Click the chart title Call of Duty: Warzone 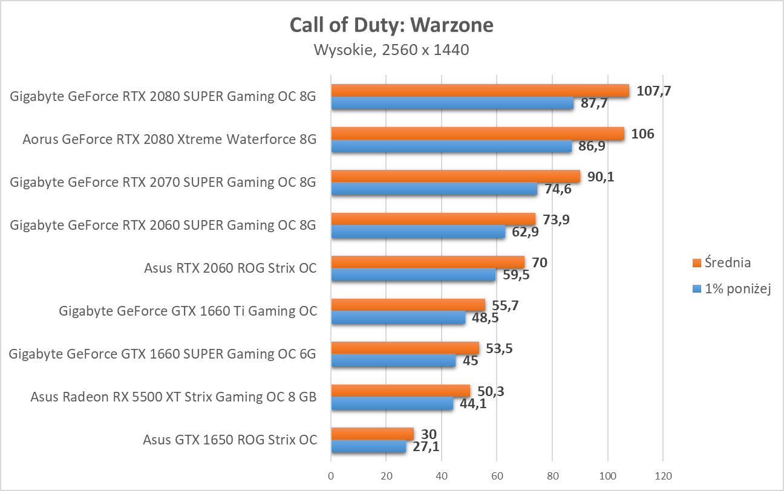pos(391,25)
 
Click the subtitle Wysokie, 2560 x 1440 pos(391,50)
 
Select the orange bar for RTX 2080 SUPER pos(480,91)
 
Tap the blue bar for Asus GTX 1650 pos(368,447)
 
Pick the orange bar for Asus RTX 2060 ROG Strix pos(428,262)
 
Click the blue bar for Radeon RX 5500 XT pos(392,404)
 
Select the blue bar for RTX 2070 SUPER pos(434,189)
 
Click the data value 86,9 pos(591,146)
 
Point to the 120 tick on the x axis pos(663,475)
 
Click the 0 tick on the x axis pos(331,475)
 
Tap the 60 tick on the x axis pos(497,475)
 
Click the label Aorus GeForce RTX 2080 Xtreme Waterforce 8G pos(169,140)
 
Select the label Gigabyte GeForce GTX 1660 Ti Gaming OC pos(188,311)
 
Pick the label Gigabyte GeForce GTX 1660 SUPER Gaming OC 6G pos(162,354)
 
